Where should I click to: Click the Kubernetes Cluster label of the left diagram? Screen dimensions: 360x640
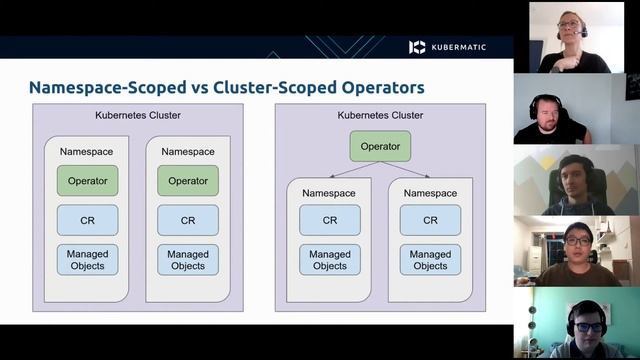(x=138, y=116)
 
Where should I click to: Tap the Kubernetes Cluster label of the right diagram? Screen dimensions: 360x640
(x=380, y=116)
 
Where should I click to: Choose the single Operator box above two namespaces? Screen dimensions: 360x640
(x=380, y=146)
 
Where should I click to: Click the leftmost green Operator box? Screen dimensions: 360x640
(x=87, y=180)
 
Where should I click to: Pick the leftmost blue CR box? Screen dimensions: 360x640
(x=87, y=220)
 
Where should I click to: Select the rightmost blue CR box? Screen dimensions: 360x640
(x=430, y=220)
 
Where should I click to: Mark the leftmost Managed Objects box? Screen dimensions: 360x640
(x=87, y=259)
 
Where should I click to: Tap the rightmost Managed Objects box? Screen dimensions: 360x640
(x=430, y=259)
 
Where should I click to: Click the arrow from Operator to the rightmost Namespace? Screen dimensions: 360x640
(x=412, y=171)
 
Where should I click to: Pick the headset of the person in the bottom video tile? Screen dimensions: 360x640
(x=571, y=318)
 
